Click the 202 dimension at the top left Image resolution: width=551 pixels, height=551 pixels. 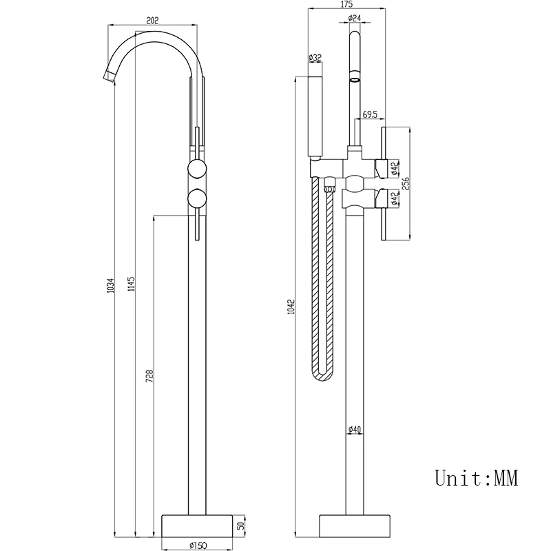153,20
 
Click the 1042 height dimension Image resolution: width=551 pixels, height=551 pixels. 291,307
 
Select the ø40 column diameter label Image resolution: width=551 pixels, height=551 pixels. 354,430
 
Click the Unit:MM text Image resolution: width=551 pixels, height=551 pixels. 476,477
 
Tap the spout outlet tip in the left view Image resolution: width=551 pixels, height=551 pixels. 109,74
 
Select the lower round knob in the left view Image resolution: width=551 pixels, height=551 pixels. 196,200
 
